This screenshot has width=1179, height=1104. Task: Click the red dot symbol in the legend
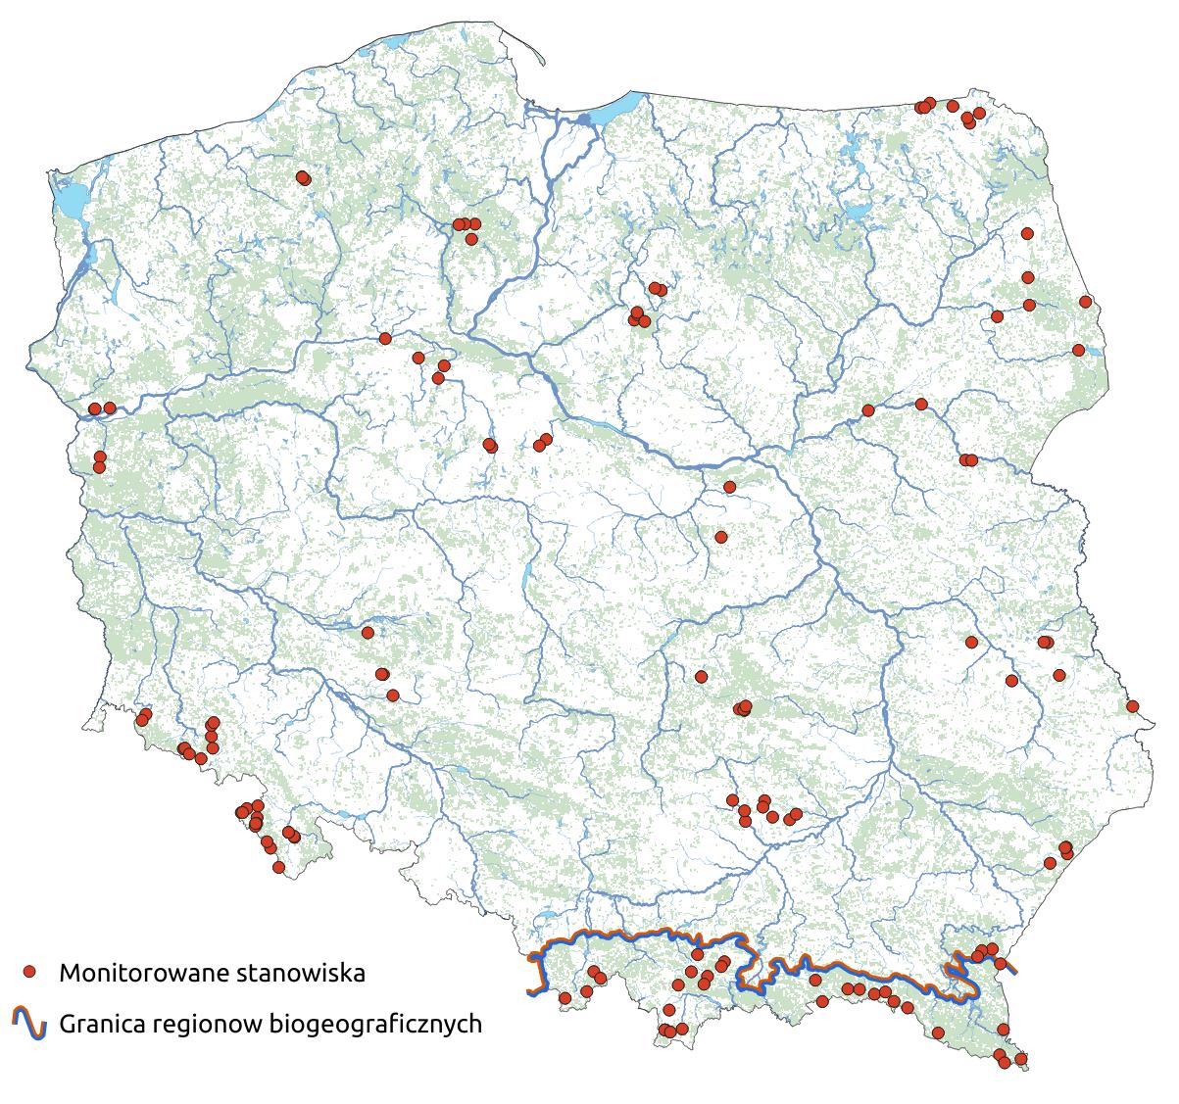click(x=29, y=972)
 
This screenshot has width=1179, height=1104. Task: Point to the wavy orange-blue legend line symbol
click(x=29, y=1023)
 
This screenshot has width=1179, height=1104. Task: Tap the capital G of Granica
click(x=67, y=1024)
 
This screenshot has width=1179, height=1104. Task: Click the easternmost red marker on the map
click(x=1132, y=706)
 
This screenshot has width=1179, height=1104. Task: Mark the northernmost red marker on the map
click(x=928, y=103)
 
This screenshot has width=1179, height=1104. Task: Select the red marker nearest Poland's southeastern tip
click(x=1021, y=1059)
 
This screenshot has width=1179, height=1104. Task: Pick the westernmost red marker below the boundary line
click(x=565, y=998)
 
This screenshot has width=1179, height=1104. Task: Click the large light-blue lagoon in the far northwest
click(x=69, y=201)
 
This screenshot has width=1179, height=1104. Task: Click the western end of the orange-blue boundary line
click(x=530, y=993)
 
